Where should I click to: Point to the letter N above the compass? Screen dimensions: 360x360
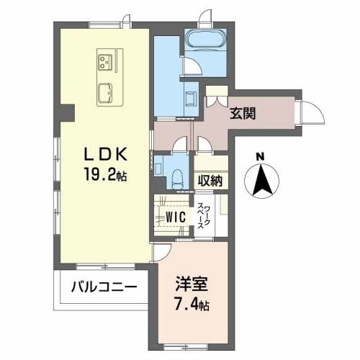pos(261,156)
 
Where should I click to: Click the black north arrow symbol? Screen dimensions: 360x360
pos(261,180)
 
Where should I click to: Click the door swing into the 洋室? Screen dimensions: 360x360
pos(164,251)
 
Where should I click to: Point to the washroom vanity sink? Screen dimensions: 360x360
pos(192,98)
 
